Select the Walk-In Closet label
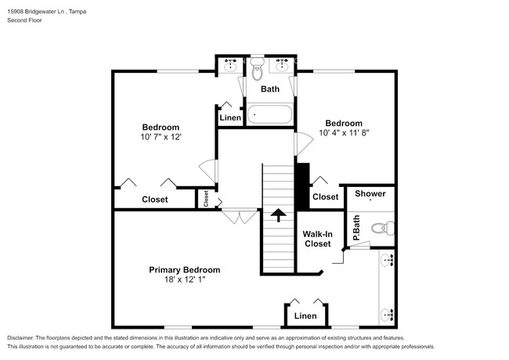317,238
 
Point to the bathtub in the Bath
270,116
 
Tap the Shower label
370,193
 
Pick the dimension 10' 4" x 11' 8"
344,133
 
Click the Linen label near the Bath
230,117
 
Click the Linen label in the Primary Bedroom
305,316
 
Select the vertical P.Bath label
356,228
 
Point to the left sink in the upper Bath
230,64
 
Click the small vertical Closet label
207,200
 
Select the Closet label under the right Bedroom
325,197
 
